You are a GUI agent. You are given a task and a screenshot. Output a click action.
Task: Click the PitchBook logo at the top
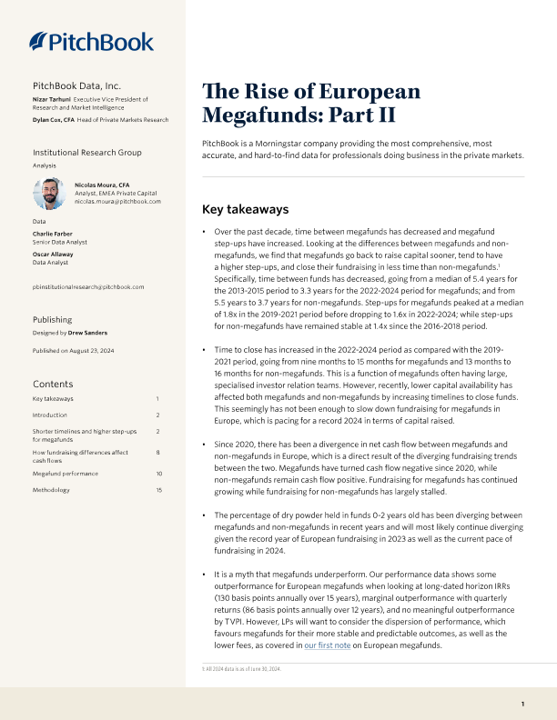pyautogui.click(x=91, y=41)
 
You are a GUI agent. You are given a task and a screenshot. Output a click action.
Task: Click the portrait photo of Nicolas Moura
pyautogui.click(x=48, y=193)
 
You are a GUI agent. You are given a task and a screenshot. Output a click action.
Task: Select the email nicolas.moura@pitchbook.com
pyautogui.click(x=124, y=201)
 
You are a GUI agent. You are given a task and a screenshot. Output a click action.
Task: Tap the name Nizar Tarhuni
pyautogui.click(x=52, y=98)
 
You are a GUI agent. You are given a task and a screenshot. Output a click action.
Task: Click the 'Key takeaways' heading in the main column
pyautogui.click(x=245, y=209)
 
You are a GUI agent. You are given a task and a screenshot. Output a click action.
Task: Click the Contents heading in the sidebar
pyautogui.click(x=53, y=385)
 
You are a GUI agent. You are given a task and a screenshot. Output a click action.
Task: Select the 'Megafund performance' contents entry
pyautogui.click(x=65, y=474)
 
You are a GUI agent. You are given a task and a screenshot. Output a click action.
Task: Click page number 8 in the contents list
pyautogui.click(x=157, y=452)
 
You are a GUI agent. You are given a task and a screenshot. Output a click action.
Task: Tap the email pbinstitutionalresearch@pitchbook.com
pyautogui.click(x=88, y=286)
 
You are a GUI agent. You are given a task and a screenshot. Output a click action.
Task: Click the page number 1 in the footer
pyautogui.click(x=522, y=704)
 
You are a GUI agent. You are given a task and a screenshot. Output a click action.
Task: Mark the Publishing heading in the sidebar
pyautogui.click(x=53, y=320)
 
